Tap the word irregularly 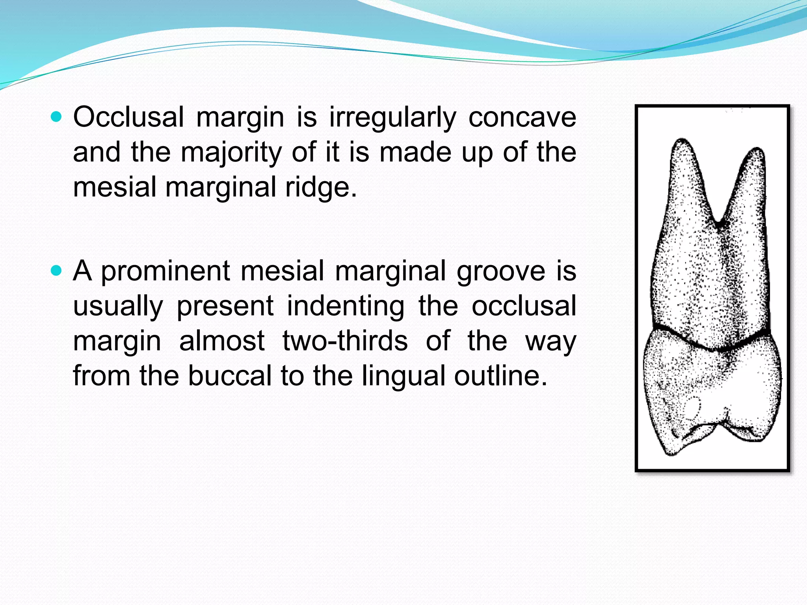tap(392, 118)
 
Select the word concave tap(522, 117)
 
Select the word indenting tap(346, 306)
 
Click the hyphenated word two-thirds tap(345, 341)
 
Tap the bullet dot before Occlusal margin tap(57, 117)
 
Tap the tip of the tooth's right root tap(757, 150)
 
